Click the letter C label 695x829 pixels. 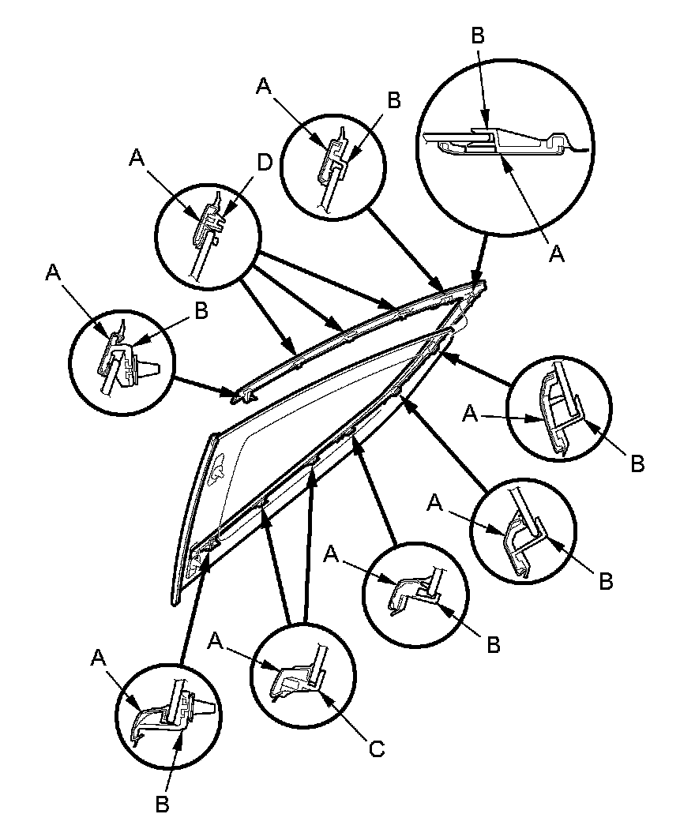click(376, 748)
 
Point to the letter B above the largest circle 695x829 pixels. click(478, 36)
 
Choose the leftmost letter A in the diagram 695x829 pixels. click(53, 272)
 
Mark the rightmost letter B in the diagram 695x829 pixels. click(638, 463)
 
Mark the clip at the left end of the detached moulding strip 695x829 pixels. click(242, 393)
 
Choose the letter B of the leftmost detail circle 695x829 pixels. click(201, 311)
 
